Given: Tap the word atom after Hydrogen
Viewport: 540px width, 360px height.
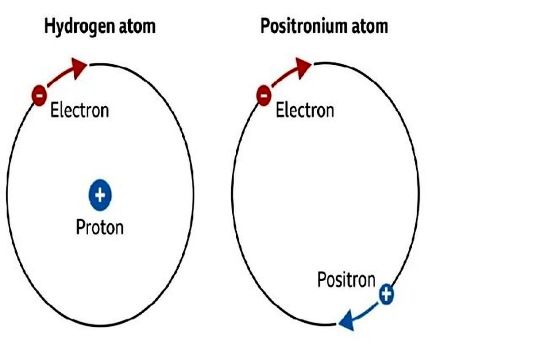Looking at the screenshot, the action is [137, 27].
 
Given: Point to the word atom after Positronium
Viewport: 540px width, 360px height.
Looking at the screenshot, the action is [369, 27].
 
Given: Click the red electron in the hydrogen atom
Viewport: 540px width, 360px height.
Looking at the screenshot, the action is [39, 95].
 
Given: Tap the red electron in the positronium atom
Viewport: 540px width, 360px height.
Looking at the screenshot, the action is [264, 95].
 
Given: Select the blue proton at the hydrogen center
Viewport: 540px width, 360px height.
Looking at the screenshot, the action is [100, 195].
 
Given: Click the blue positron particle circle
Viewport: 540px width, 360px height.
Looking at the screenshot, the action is [387, 294].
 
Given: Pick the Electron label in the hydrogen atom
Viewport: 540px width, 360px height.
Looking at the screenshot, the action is [80, 110].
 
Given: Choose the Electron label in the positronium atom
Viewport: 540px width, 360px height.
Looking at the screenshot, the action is [305, 110].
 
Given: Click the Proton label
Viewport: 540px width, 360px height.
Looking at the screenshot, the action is [100, 227].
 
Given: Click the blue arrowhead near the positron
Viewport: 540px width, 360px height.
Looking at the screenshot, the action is [347, 321].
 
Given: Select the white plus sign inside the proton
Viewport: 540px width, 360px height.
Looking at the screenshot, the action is [100, 195].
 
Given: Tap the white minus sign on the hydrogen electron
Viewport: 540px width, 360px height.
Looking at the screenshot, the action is [39, 96].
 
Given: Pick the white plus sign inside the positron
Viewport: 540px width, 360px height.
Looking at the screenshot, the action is [387, 294].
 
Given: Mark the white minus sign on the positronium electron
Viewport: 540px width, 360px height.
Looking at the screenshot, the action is [264, 96].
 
